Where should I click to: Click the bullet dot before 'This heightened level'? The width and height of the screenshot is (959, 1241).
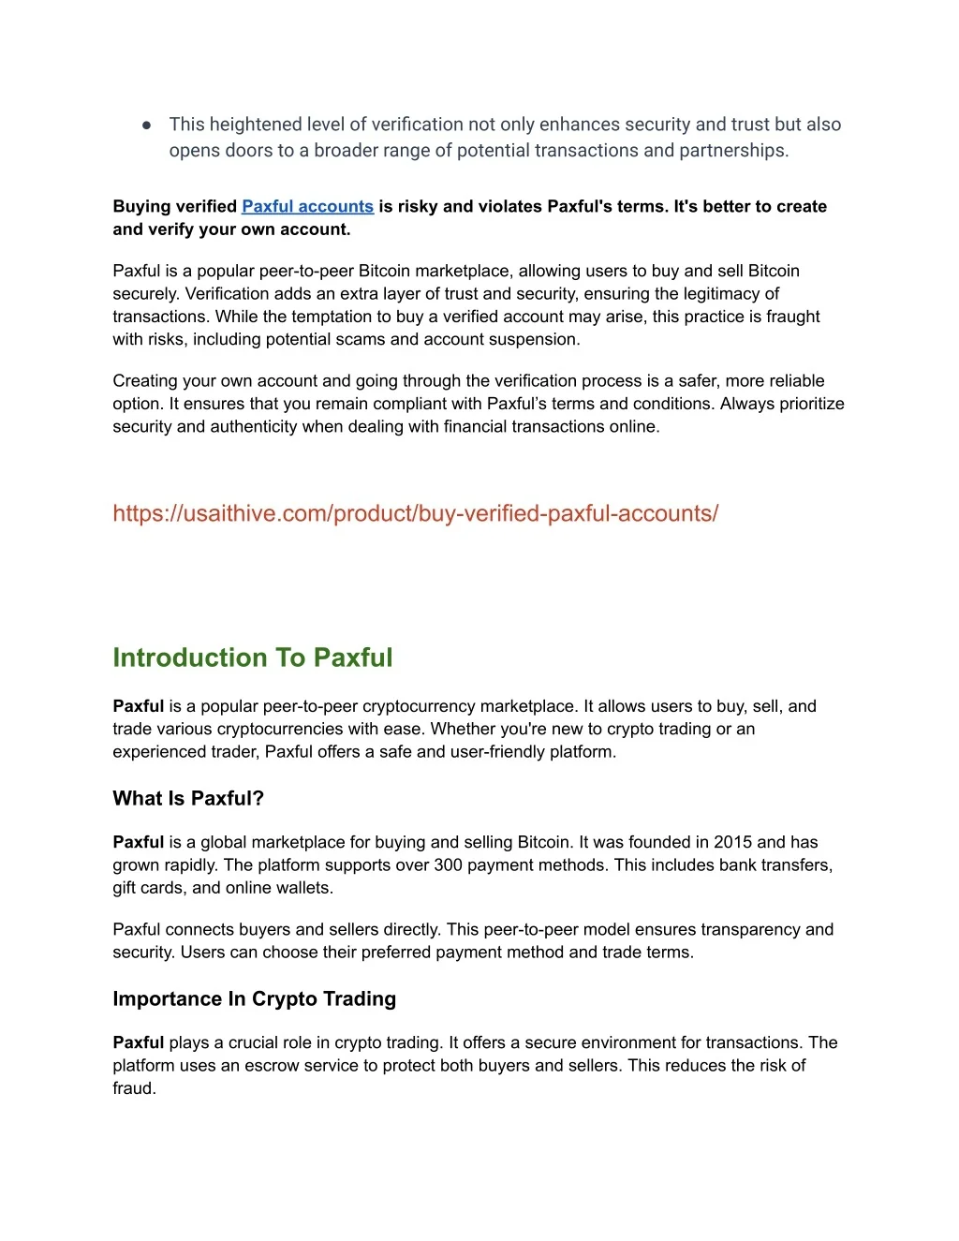147,125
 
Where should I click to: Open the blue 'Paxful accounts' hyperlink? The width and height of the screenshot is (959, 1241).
307,206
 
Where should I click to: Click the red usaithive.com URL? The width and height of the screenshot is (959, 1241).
415,513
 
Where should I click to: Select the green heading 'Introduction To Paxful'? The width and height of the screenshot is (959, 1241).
253,657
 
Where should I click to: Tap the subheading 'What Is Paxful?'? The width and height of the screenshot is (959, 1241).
188,798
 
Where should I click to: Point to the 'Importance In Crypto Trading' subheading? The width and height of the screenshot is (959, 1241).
254,998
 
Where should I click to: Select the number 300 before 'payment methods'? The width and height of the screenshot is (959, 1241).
449,864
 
